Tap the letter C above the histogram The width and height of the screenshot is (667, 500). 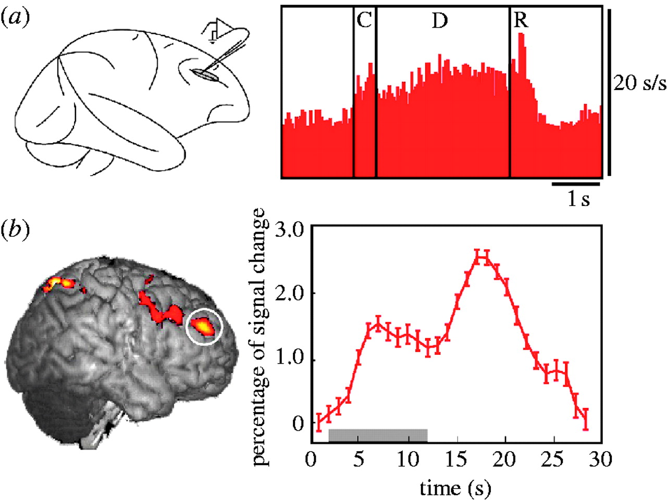point(364,21)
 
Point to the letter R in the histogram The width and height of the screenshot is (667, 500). point(521,21)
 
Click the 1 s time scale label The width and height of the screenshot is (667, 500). point(578,199)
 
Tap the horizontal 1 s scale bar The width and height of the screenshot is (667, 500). point(576,184)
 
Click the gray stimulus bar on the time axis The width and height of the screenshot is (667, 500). point(378,435)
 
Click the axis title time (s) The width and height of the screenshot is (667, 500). point(455,488)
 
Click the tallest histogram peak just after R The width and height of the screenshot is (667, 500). point(522,36)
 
